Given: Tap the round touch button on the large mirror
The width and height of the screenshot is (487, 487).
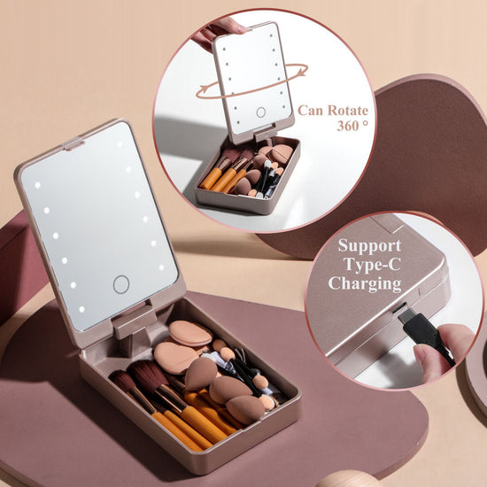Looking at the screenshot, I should point(121,284).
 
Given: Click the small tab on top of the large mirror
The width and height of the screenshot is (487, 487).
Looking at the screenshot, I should point(73,143).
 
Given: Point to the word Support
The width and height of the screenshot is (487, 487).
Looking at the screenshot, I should point(368,244).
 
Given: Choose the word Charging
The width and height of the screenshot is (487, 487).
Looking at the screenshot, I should point(365,283).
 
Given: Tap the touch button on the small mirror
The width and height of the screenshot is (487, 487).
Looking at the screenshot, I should point(260,112).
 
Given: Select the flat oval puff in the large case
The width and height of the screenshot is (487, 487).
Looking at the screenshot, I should point(190,333).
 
